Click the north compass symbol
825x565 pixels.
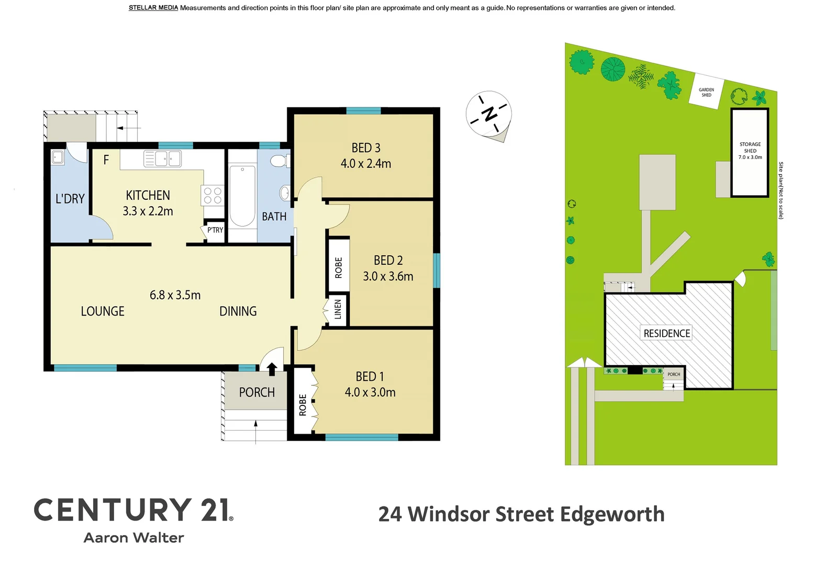488,115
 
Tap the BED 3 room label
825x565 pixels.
366,148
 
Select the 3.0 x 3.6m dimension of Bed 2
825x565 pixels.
388,276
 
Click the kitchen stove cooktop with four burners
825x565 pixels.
213,196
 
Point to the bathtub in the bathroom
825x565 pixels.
242,196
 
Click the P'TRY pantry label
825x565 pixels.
215,230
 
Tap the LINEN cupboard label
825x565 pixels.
338,310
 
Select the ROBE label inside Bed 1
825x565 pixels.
303,405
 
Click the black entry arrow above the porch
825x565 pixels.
272,369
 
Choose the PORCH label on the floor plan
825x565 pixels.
257,392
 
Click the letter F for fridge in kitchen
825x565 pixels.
106,160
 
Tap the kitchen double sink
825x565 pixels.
163,159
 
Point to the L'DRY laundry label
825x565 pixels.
70,199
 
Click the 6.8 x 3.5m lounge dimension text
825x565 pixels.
175,295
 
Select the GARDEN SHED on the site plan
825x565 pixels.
707,93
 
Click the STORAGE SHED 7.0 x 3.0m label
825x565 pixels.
750,151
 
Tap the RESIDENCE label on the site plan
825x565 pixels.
666,333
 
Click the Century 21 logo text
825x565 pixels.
133,510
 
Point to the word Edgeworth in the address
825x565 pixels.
612,514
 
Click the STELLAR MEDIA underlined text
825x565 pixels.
153,8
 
